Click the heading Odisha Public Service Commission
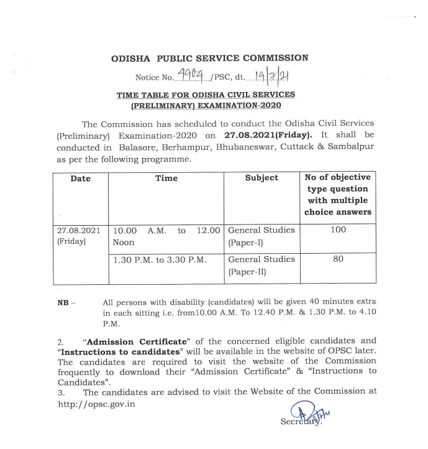tap(209, 58)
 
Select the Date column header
tap(81, 178)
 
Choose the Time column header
tap(166, 178)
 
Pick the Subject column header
tap(261, 178)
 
